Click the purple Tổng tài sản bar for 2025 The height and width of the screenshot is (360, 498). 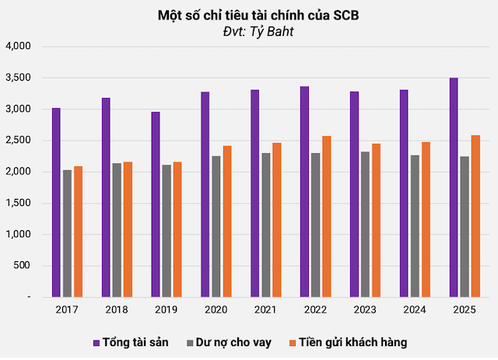[x=454, y=187]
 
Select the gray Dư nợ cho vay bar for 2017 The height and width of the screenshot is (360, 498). [x=67, y=233]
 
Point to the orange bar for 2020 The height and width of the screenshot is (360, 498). [x=227, y=222]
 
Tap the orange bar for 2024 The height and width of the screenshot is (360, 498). [x=426, y=219]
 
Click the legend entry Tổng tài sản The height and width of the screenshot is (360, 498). [x=129, y=342]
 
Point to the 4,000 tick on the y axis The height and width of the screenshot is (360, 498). [x=16, y=47]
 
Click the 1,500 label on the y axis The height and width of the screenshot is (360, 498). [x=16, y=204]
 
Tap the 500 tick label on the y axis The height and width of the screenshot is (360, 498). [x=21, y=266]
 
